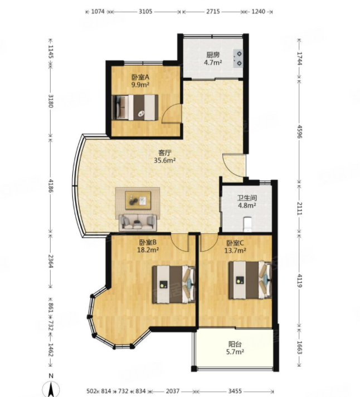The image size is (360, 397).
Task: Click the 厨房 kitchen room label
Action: pos(213,55)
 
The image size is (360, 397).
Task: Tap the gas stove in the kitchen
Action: pos(238,58)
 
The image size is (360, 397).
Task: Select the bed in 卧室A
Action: pos(135,107)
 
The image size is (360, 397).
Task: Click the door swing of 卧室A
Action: pos(172,114)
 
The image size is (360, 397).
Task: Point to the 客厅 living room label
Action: pos(164,153)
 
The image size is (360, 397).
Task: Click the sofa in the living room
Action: pos(138,223)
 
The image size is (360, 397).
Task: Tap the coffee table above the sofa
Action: pos(138,200)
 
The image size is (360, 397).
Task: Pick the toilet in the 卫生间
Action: pos(247,224)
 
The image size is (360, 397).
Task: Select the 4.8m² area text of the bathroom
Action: pos(246,205)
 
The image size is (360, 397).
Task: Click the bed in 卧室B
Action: pos(174,284)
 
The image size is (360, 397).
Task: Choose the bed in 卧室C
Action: pos(250,280)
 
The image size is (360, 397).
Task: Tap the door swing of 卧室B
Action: pos(179,243)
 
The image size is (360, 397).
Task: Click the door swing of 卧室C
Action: pos(209,243)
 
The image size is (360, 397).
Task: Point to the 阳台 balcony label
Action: pos(235,344)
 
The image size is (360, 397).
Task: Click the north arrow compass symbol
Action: pos(51,388)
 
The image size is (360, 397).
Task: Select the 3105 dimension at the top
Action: pos(145,12)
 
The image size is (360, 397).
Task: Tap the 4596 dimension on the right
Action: pos(300,131)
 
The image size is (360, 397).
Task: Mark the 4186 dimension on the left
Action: pos(51,185)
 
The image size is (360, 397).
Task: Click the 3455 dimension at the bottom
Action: pos(235,391)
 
